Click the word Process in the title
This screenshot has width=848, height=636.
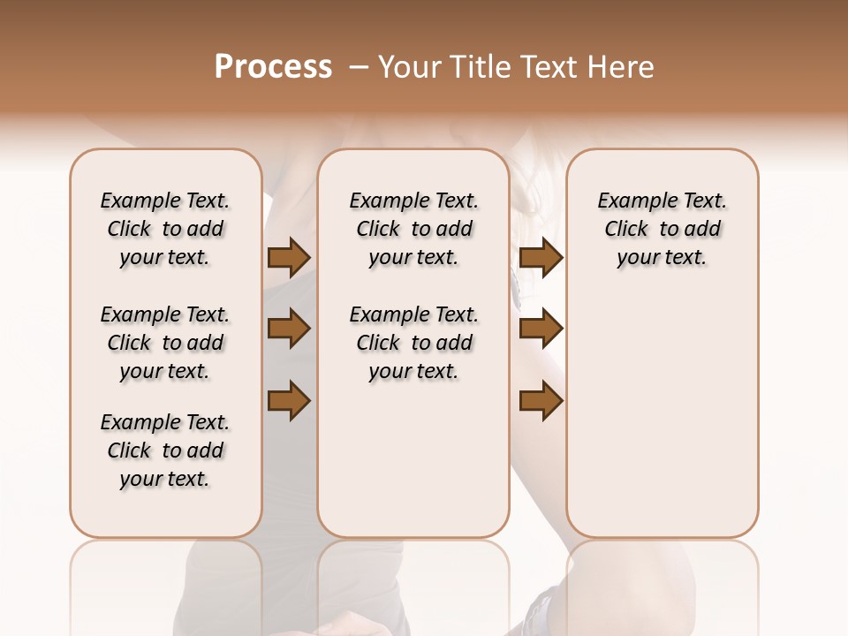tap(273, 67)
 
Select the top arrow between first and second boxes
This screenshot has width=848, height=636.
tap(289, 258)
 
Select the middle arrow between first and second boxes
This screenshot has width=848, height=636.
tap(289, 329)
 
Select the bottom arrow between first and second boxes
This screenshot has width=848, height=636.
tap(289, 400)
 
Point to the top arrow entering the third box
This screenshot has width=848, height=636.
tap(541, 258)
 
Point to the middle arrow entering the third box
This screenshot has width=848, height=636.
tap(541, 329)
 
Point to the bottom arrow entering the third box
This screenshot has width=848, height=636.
tap(541, 400)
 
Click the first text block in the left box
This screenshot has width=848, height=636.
tap(164, 229)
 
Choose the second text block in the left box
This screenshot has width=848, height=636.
tap(164, 343)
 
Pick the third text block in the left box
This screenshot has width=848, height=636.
tap(164, 450)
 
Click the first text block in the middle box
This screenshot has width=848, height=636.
tap(413, 229)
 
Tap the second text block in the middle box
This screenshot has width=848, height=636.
tap(413, 343)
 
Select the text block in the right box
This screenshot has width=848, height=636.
tap(662, 229)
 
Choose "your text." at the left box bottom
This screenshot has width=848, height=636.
tap(164, 479)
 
